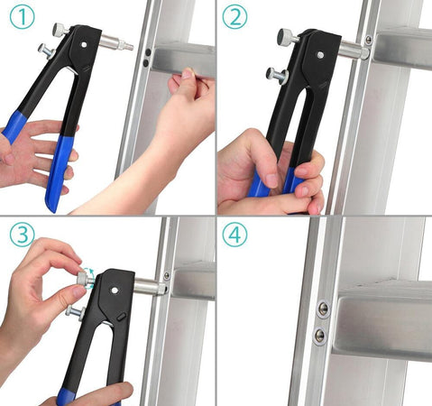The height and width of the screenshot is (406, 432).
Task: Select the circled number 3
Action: point(21,235)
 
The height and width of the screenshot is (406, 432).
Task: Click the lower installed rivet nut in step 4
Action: point(319,336)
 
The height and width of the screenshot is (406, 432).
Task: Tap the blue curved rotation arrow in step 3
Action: point(89,272)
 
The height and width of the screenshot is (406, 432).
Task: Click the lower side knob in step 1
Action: point(43,51)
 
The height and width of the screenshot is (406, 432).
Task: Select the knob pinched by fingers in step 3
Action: point(80,281)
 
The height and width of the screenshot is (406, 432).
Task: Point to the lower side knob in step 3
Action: point(74,311)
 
